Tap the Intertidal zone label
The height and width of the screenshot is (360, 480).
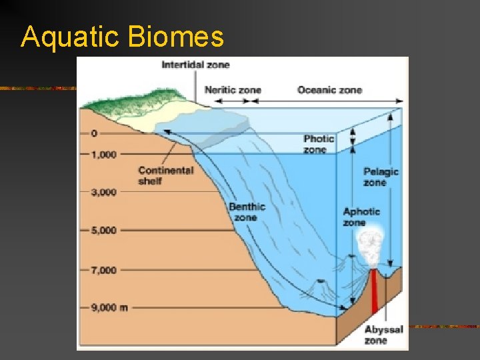click(x=195, y=65)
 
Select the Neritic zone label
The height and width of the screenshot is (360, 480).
click(x=233, y=90)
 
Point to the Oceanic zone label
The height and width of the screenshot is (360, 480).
click(x=329, y=90)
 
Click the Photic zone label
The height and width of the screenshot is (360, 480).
click(x=319, y=144)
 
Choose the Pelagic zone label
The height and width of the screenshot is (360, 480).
click(x=381, y=177)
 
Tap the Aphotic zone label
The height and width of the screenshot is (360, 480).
click(x=361, y=217)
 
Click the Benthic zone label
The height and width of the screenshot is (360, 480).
click(x=247, y=212)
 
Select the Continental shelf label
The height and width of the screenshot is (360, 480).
click(x=165, y=175)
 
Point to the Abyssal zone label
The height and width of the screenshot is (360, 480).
click(x=383, y=335)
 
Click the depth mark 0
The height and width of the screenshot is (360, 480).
click(x=94, y=133)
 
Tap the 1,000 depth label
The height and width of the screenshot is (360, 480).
click(x=103, y=155)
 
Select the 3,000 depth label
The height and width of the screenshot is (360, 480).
click(x=103, y=193)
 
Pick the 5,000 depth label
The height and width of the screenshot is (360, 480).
click(x=103, y=231)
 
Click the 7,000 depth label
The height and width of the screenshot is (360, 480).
click(x=103, y=270)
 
